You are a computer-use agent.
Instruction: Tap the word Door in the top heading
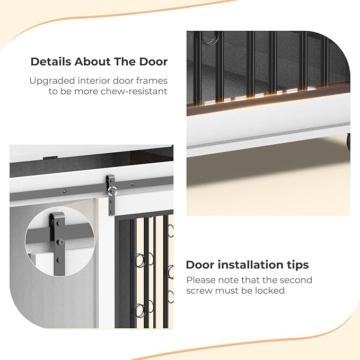point(153,62)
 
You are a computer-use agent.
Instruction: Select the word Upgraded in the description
point(52,81)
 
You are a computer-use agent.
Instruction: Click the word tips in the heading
point(297,266)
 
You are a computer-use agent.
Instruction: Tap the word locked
point(270,291)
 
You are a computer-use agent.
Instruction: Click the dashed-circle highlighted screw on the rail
point(112,191)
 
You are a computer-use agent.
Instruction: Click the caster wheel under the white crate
point(348,142)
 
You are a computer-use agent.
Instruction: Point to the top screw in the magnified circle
point(60,223)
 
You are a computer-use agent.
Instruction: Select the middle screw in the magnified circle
point(60,242)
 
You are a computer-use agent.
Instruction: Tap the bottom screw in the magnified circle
point(59,260)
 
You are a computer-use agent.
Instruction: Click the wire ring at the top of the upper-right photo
point(209,38)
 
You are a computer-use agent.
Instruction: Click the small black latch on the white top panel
point(50,157)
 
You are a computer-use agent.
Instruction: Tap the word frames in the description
point(152,81)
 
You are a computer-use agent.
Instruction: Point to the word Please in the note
point(200,280)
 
